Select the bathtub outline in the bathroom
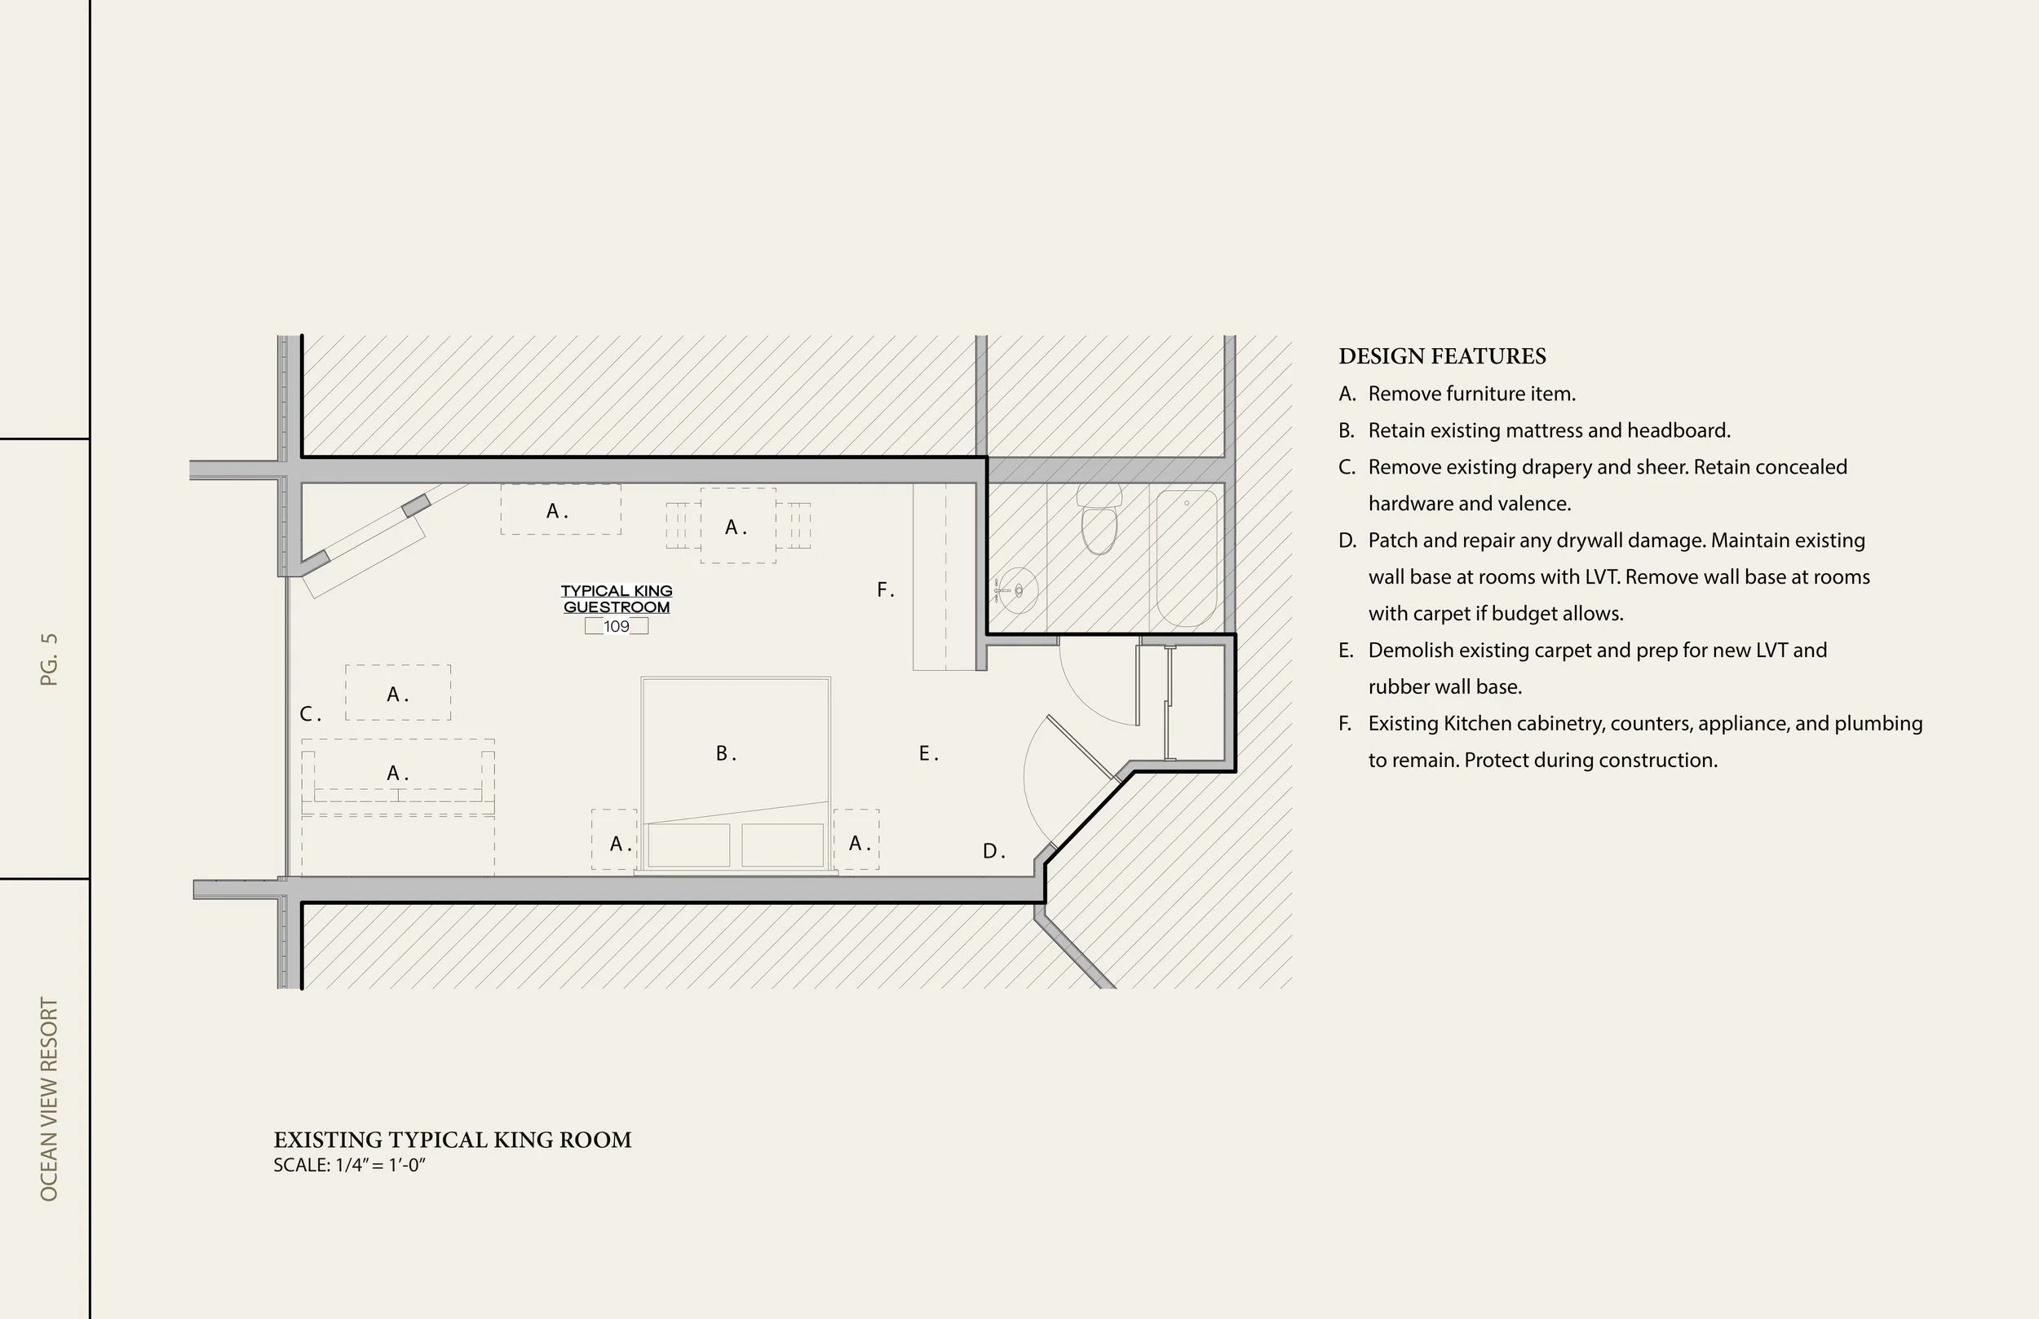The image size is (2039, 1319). pyautogui.click(x=1187, y=558)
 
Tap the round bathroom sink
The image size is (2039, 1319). pyautogui.click(x=1018, y=590)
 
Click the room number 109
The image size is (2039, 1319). pyautogui.click(x=616, y=626)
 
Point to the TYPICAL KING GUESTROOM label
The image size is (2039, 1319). pyautogui.click(x=616, y=598)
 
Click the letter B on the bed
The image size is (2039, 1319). pyautogui.click(x=724, y=754)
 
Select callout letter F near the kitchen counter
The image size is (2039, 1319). pyautogui.click(x=884, y=590)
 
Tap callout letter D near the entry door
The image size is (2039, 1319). pyautogui.click(x=992, y=851)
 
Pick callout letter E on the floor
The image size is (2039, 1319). pyautogui.click(x=927, y=754)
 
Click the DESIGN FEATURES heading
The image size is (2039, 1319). pyautogui.click(x=1442, y=356)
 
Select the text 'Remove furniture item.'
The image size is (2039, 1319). pyautogui.click(x=1471, y=394)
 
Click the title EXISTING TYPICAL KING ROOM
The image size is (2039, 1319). pyautogui.click(x=453, y=1140)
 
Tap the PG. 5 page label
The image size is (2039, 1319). pyautogui.click(x=49, y=659)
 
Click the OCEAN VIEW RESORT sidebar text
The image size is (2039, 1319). pyautogui.click(x=49, y=1099)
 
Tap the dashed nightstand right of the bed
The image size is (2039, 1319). pyautogui.click(x=856, y=840)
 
